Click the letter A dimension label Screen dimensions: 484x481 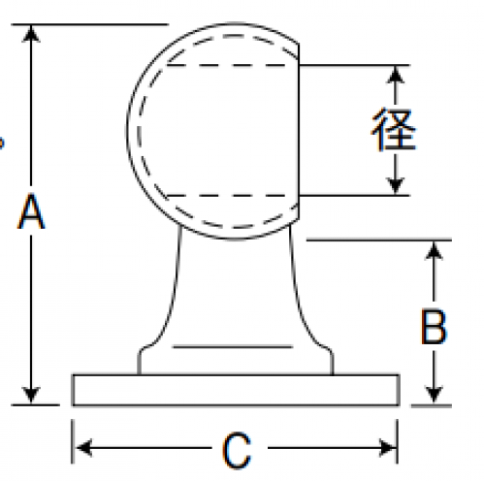31,211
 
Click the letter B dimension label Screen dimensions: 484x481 434,327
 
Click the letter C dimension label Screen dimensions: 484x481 237,451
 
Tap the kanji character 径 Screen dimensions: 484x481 394,129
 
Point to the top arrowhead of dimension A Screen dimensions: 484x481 31,33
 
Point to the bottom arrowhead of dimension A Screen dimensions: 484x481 31,395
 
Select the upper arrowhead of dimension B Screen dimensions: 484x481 434,250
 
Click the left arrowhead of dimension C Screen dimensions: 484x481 83,448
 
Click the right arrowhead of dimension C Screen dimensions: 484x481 387,448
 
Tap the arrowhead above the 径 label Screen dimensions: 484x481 395,75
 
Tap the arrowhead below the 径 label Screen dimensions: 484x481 395,186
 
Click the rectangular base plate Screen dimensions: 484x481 236,390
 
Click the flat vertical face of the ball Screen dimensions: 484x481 298,131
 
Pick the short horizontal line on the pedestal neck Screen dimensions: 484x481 233,347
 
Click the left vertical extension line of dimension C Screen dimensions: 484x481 72,441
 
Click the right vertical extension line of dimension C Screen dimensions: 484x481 398,441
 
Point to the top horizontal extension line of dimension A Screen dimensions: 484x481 90,24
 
